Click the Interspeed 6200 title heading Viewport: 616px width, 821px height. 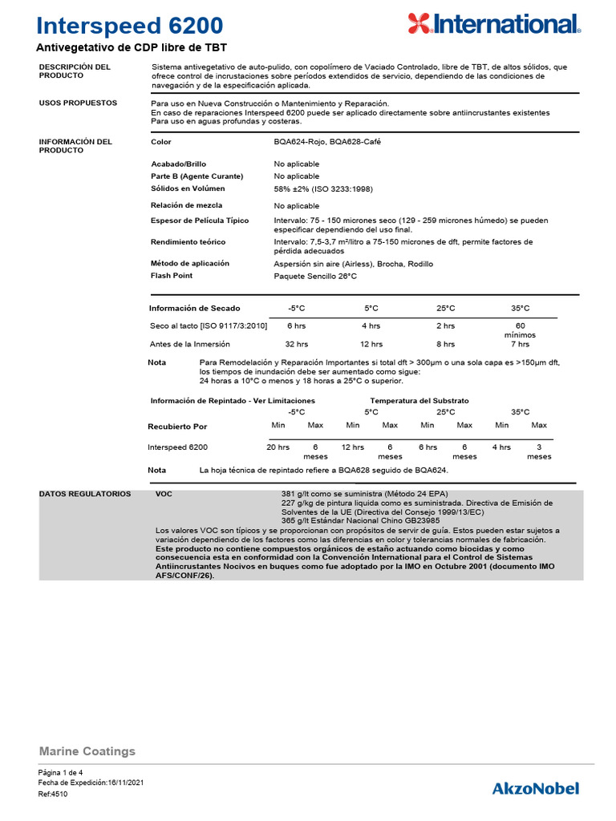click(131, 26)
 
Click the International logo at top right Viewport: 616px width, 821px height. click(493, 24)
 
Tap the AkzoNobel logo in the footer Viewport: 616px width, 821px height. click(535, 788)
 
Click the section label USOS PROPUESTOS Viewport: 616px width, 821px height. click(78, 103)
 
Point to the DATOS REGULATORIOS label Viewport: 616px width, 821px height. click(85, 494)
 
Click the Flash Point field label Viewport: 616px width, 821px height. click(172, 276)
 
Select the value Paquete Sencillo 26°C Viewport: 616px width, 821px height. click(315, 276)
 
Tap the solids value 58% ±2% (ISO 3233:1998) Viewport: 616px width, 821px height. click(323, 188)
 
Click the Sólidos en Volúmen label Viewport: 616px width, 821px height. click(191, 188)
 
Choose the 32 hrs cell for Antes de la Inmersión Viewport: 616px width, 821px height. click(297, 344)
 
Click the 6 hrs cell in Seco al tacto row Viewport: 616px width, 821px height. click(297, 326)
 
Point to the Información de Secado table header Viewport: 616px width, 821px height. click(195, 308)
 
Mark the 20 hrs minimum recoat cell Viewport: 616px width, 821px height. click(278, 447)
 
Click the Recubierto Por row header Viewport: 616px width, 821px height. click(177, 427)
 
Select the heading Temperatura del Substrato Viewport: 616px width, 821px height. click(419, 400)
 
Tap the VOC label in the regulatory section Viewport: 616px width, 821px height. click(164, 494)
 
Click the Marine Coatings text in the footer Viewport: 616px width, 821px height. click(87, 751)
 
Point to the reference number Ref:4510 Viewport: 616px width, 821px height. click(53, 794)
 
